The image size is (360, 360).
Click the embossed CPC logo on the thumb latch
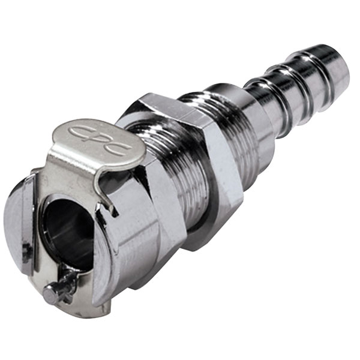click(101, 139)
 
